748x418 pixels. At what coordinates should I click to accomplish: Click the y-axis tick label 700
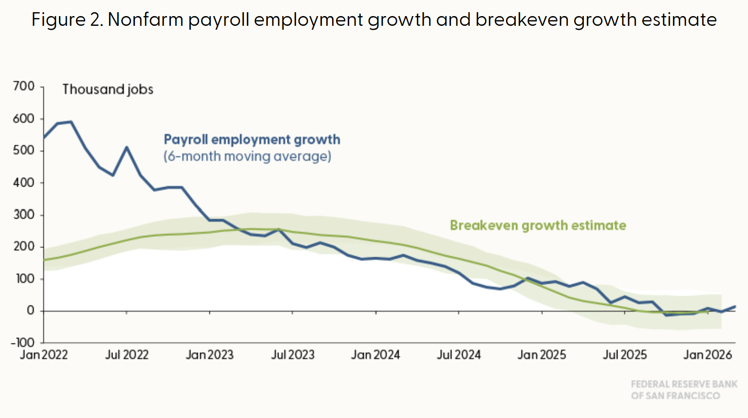click(x=24, y=86)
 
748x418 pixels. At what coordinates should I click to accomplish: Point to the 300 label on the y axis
click(x=24, y=214)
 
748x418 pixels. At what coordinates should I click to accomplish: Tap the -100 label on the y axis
click(x=22, y=342)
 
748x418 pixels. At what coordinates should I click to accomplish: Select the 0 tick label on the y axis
click(x=30, y=311)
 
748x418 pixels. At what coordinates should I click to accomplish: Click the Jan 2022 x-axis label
click(x=44, y=355)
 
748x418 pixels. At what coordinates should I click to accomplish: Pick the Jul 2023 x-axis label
click(x=293, y=355)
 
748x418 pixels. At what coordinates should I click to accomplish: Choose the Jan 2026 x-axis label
click(x=708, y=355)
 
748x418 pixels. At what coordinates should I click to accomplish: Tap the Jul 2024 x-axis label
click(x=459, y=355)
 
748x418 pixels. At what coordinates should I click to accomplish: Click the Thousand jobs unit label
click(x=108, y=90)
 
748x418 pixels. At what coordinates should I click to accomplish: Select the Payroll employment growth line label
click(x=252, y=140)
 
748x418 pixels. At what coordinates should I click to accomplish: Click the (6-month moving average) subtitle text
click(x=247, y=156)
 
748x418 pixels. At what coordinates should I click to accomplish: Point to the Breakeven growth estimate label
click(x=538, y=225)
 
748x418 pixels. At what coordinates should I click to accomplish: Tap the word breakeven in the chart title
click(x=522, y=19)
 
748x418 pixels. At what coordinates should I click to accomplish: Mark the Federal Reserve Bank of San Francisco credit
click(x=684, y=390)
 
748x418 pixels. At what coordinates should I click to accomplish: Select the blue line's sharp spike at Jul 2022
click(x=127, y=147)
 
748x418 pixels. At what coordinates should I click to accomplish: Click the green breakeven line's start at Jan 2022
click(x=44, y=260)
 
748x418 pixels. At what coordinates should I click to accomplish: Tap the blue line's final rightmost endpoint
click(x=735, y=306)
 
